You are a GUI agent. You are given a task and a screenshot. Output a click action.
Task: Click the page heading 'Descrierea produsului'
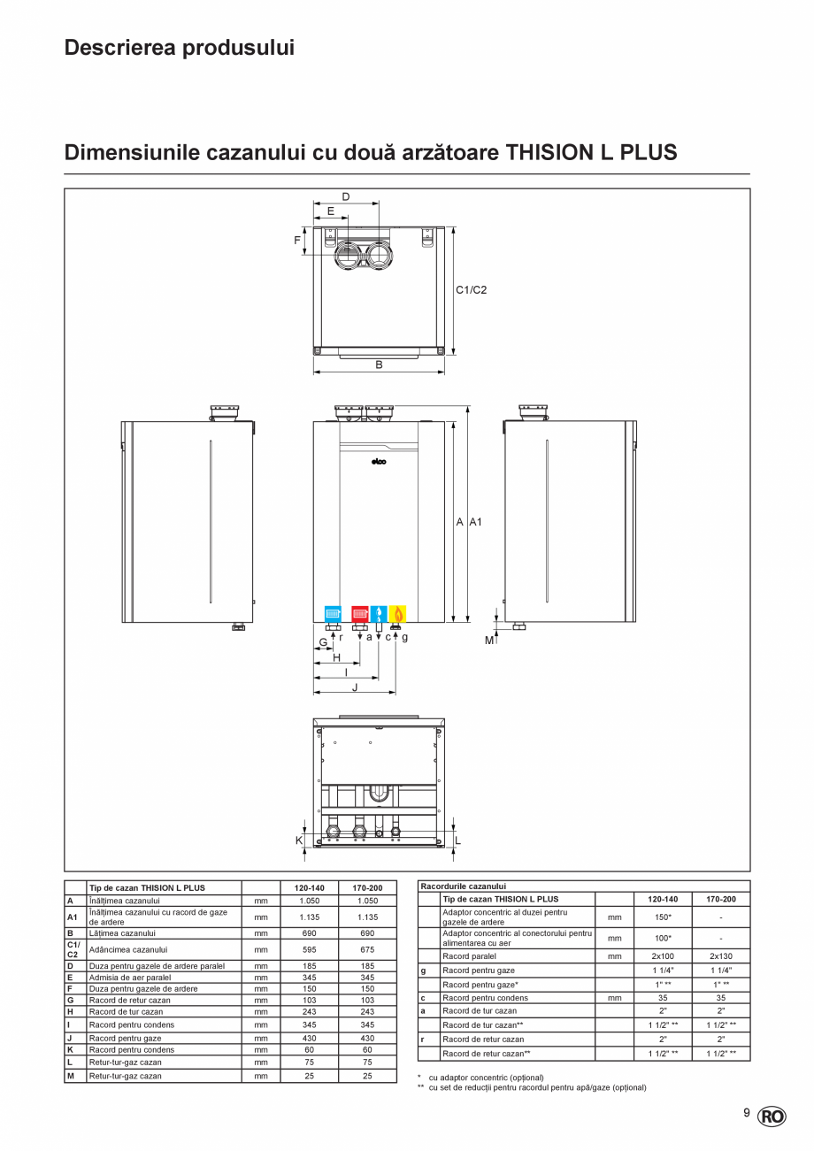[x=179, y=48]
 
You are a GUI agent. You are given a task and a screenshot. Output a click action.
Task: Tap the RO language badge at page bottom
[x=772, y=1116]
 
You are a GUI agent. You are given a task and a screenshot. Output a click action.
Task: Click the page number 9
[x=746, y=1113]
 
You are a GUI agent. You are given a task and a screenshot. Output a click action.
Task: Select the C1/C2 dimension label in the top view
[x=472, y=289]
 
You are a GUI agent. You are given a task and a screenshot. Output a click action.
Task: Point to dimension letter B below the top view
[x=379, y=364]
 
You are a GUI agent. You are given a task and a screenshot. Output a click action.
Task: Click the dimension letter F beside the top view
[x=297, y=240]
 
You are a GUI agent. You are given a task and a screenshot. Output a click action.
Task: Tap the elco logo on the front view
[x=379, y=460]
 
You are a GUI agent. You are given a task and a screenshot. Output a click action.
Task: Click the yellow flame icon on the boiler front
[x=398, y=613]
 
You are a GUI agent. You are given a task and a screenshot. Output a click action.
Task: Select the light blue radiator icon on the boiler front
[x=333, y=613]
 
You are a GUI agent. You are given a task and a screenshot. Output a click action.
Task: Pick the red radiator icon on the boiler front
[x=360, y=613]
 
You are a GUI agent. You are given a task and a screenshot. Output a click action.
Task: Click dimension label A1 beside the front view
[x=475, y=523]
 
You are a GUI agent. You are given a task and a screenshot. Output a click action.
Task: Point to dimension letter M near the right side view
[x=488, y=640]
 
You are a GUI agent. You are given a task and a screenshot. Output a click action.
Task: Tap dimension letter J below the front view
[x=355, y=687]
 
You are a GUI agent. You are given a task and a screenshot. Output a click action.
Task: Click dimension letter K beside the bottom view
[x=299, y=840]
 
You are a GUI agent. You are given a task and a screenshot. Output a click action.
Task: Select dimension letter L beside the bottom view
[x=457, y=840]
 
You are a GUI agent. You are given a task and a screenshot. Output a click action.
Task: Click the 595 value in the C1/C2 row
[x=309, y=949]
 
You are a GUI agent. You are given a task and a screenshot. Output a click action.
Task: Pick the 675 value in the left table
[x=367, y=949]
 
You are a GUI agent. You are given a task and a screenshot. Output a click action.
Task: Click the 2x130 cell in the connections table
[x=720, y=956]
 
